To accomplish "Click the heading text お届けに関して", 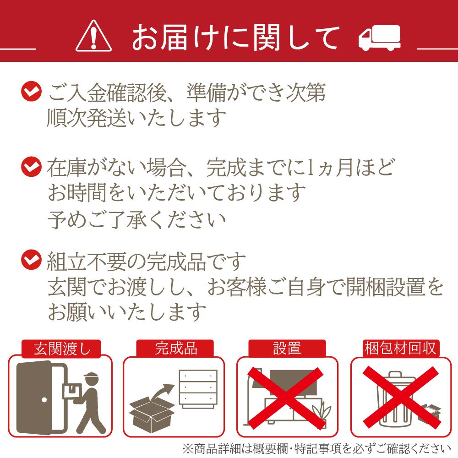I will pyautogui.click(x=236, y=37).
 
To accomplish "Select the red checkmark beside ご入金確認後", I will pyautogui.click(x=31, y=91).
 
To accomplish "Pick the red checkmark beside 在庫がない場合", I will pyautogui.click(x=31, y=167).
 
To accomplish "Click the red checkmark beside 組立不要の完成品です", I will pyautogui.click(x=31, y=260).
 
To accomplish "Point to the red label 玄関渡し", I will pyautogui.click(x=62, y=349).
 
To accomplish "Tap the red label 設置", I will pyautogui.click(x=287, y=349).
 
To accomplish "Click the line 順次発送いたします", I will pyautogui.click(x=137, y=117).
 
